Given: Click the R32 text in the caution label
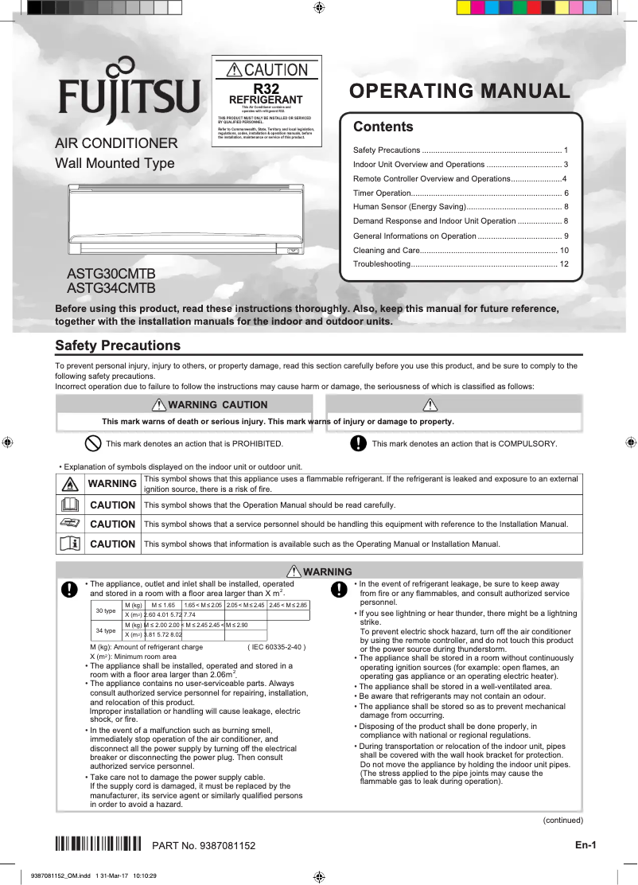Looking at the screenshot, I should click(x=266, y=88).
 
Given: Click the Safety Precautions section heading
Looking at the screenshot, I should click(x=118, y=345).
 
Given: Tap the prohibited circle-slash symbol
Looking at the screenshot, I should click(x=92, y=443).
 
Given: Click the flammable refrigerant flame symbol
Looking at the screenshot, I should click(x=70, y=483).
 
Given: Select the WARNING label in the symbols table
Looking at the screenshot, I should click(x=112, y=483).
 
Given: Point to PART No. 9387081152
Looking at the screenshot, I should click(x=204, y=844).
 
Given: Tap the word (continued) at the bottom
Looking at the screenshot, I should click(x=562, y=820).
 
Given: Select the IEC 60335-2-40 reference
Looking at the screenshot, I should click(x=277, y=647).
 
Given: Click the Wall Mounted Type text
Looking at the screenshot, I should click(x=115, y=164).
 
